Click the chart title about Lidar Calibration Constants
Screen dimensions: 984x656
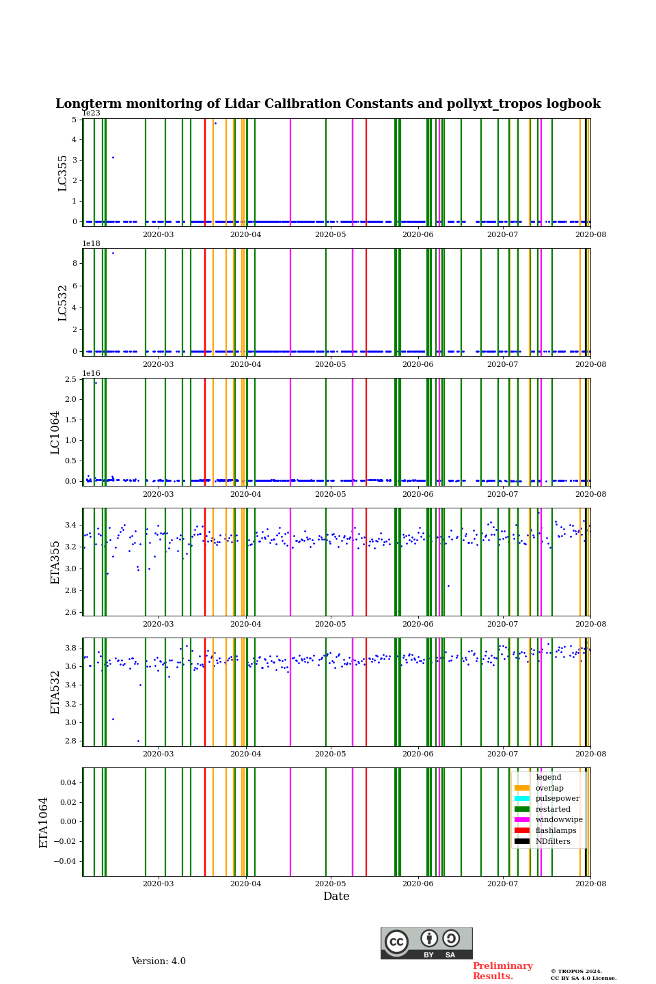click(328, 105)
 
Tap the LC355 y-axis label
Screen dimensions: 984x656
click(63, 173)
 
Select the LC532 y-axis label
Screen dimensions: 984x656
click(63, 303)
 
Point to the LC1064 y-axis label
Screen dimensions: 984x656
click(55, 433)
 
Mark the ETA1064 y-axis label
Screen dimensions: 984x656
click(44, 822)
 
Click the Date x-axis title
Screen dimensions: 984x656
click(336, 897)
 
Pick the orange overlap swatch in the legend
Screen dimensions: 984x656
click(522, 788)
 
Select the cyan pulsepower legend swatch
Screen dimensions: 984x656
click(522, 799)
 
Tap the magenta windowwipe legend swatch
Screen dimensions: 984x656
click(522, 820)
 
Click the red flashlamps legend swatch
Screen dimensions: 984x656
click(522, 831)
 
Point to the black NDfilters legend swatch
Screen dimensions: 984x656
click(522, 841)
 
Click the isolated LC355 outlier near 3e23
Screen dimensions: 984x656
click(113, 158)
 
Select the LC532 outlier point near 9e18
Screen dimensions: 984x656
click(113, 254)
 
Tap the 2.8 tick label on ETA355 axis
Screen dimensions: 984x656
click(71, 590)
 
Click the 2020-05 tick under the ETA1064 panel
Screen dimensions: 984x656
click(330, 884)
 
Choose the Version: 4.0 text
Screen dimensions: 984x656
click(159, 961)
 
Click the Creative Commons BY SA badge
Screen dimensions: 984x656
click(426, 943)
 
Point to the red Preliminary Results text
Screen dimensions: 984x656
click(502, 971)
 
